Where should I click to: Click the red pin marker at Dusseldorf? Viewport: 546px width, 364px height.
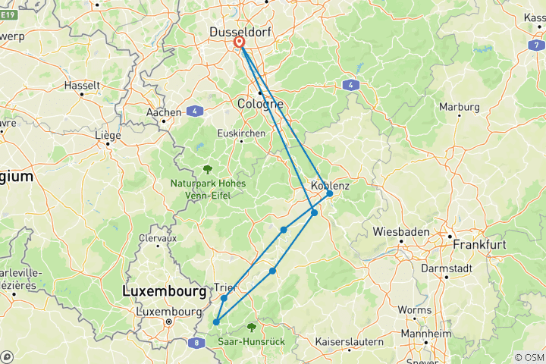[240, 43]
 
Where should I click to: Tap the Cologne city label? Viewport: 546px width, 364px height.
[259, 104]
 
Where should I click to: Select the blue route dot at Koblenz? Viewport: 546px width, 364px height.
[330, 193]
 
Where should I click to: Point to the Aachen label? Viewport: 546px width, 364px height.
[163, 112]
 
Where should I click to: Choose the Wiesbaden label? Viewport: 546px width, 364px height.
[401, 231]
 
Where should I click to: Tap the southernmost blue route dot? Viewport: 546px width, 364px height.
[216, 322]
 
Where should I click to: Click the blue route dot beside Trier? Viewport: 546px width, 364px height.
[224, 298]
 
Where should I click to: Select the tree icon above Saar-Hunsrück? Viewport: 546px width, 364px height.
[251, 328]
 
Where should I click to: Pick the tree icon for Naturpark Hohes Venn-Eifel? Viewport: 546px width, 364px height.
[206, 169]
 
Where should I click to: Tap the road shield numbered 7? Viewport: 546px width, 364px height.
[535, 45]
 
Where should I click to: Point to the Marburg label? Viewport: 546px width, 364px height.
[460, 107]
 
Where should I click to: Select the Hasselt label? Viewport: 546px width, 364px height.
[82, 86]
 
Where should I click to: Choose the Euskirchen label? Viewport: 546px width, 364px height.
[241, 133]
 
